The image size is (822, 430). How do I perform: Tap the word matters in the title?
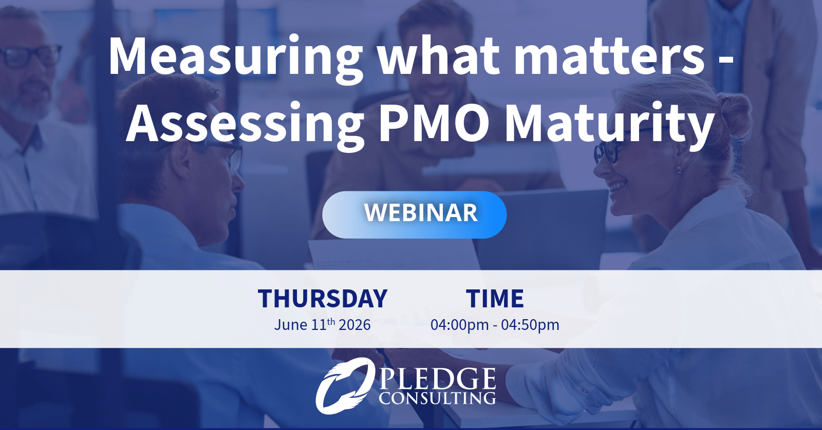(x=609, y=57)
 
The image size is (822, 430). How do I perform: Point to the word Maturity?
(x=609, y=125)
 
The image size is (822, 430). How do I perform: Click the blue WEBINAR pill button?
(x=414, y=214)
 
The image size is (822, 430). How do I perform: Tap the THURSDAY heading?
(x=323, y=299)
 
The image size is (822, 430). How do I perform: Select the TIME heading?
(x=495, y=299)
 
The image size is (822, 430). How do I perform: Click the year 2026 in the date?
(x=354, y=325)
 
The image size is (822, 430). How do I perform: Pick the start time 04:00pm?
(x=459, y=325)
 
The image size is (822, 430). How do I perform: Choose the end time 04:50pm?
(x=530, y=325)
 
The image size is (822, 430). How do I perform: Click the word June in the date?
(x=291, y=325)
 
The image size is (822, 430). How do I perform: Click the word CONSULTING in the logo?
(x=437, y=398)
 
